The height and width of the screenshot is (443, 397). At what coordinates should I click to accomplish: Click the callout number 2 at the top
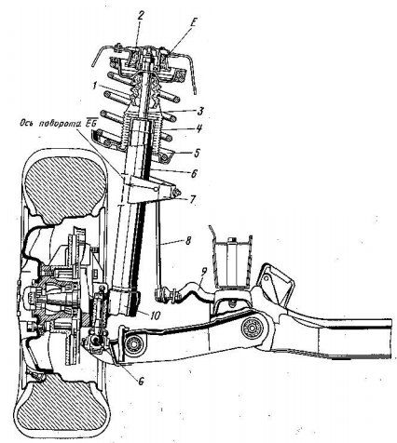[140, 16]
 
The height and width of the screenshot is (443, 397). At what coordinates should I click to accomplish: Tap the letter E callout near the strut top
[195, 20]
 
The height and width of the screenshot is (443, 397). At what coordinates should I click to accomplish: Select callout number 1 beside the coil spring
[94, 86]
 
